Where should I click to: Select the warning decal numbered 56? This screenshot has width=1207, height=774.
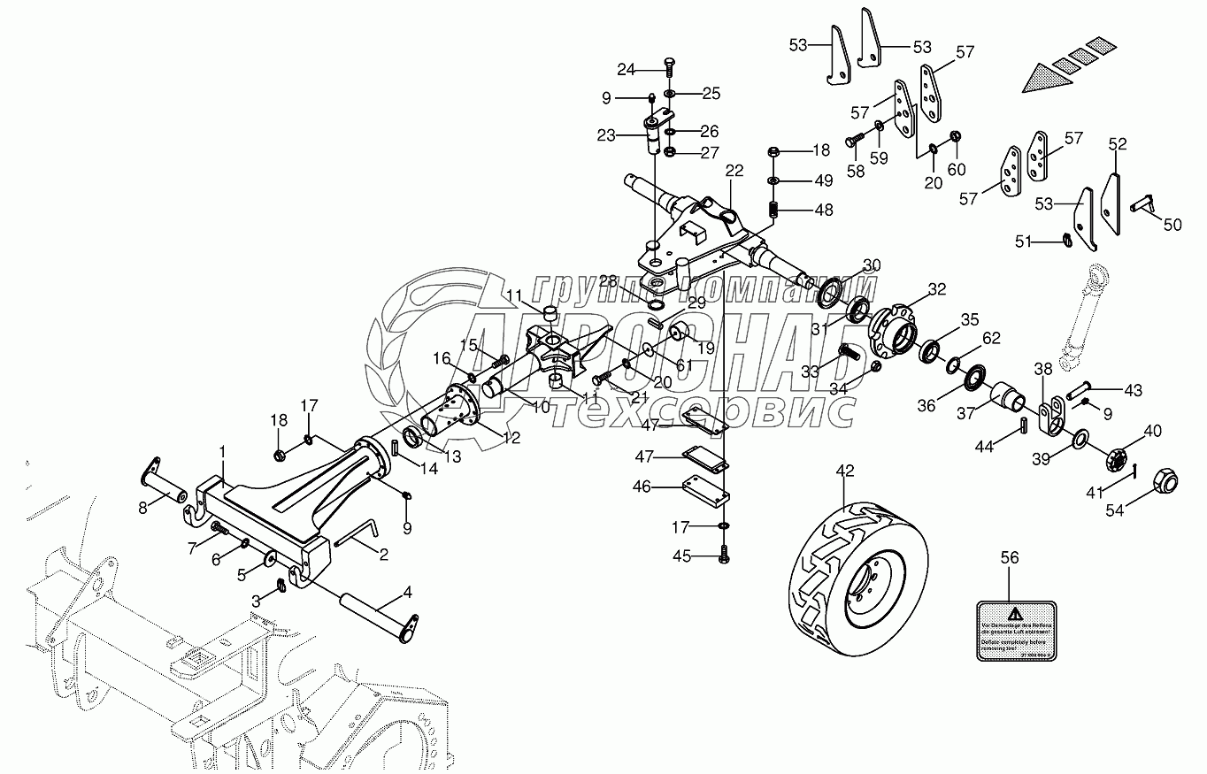(1017, 629)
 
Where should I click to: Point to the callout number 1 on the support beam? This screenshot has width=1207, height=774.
(222, 451)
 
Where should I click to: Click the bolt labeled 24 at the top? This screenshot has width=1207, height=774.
(669, 66)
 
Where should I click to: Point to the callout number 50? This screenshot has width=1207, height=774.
(1172, 226)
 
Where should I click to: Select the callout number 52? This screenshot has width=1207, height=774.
(1118, 142)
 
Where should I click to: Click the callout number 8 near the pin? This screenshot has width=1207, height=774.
(142, 507)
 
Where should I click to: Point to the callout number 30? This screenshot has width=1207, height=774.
(872, 264)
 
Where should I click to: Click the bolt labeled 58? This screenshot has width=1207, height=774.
(856, 139)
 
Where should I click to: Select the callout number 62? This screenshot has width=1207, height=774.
(991, 337)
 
